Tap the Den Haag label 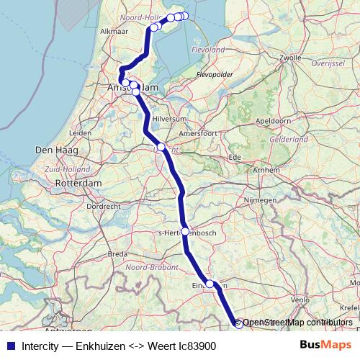coord(51,150)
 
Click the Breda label coord(117,254)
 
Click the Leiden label coord(81,134)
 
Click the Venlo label coord(300,299)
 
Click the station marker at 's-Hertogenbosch coord(185,232)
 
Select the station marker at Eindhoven coord(210,284)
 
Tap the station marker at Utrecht coord(161,147)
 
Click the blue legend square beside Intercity coord(9,346)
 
